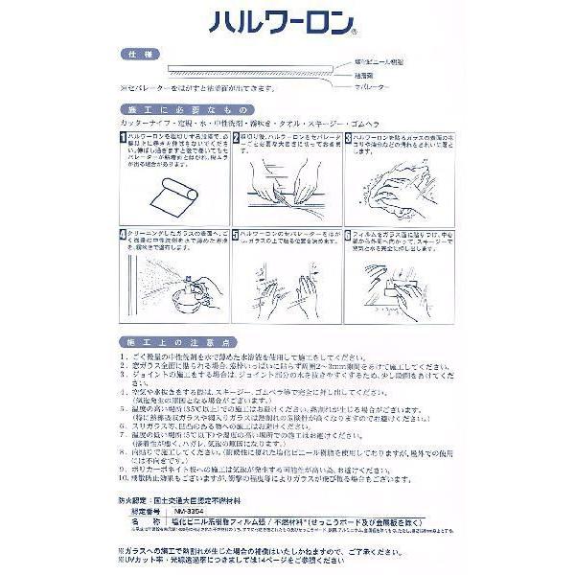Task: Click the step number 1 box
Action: coord(122,139)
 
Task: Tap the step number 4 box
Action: coord(122,233)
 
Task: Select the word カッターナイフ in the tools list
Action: coord(144,125)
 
